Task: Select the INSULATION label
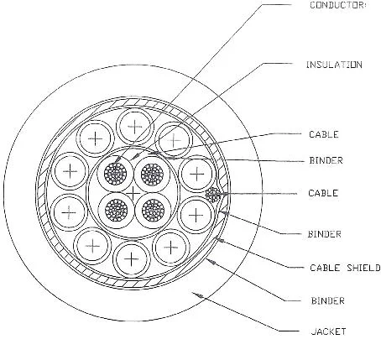tap(334, 65)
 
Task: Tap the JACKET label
tap(328, 331)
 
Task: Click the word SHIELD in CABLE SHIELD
tap(363, 268)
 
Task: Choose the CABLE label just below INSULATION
tap(324, 134)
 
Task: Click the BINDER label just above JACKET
tap(328, 301)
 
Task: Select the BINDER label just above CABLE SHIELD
tap(325, 234)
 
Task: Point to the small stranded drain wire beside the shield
tap(213, 195)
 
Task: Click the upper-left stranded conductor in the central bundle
tap(115, 174)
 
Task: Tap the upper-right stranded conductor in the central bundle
tap(152, 174)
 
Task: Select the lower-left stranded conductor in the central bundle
tap(117, 210)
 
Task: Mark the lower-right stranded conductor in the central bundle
tap(153, 210)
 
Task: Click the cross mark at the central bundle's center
tap(133, 193)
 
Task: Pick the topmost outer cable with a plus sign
tap(135, 127)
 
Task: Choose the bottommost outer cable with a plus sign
tap(131, 259)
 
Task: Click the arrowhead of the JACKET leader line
tap(199, 295)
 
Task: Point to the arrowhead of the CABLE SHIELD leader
tap(220, 239)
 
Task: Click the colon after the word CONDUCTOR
tap(364, 5)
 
